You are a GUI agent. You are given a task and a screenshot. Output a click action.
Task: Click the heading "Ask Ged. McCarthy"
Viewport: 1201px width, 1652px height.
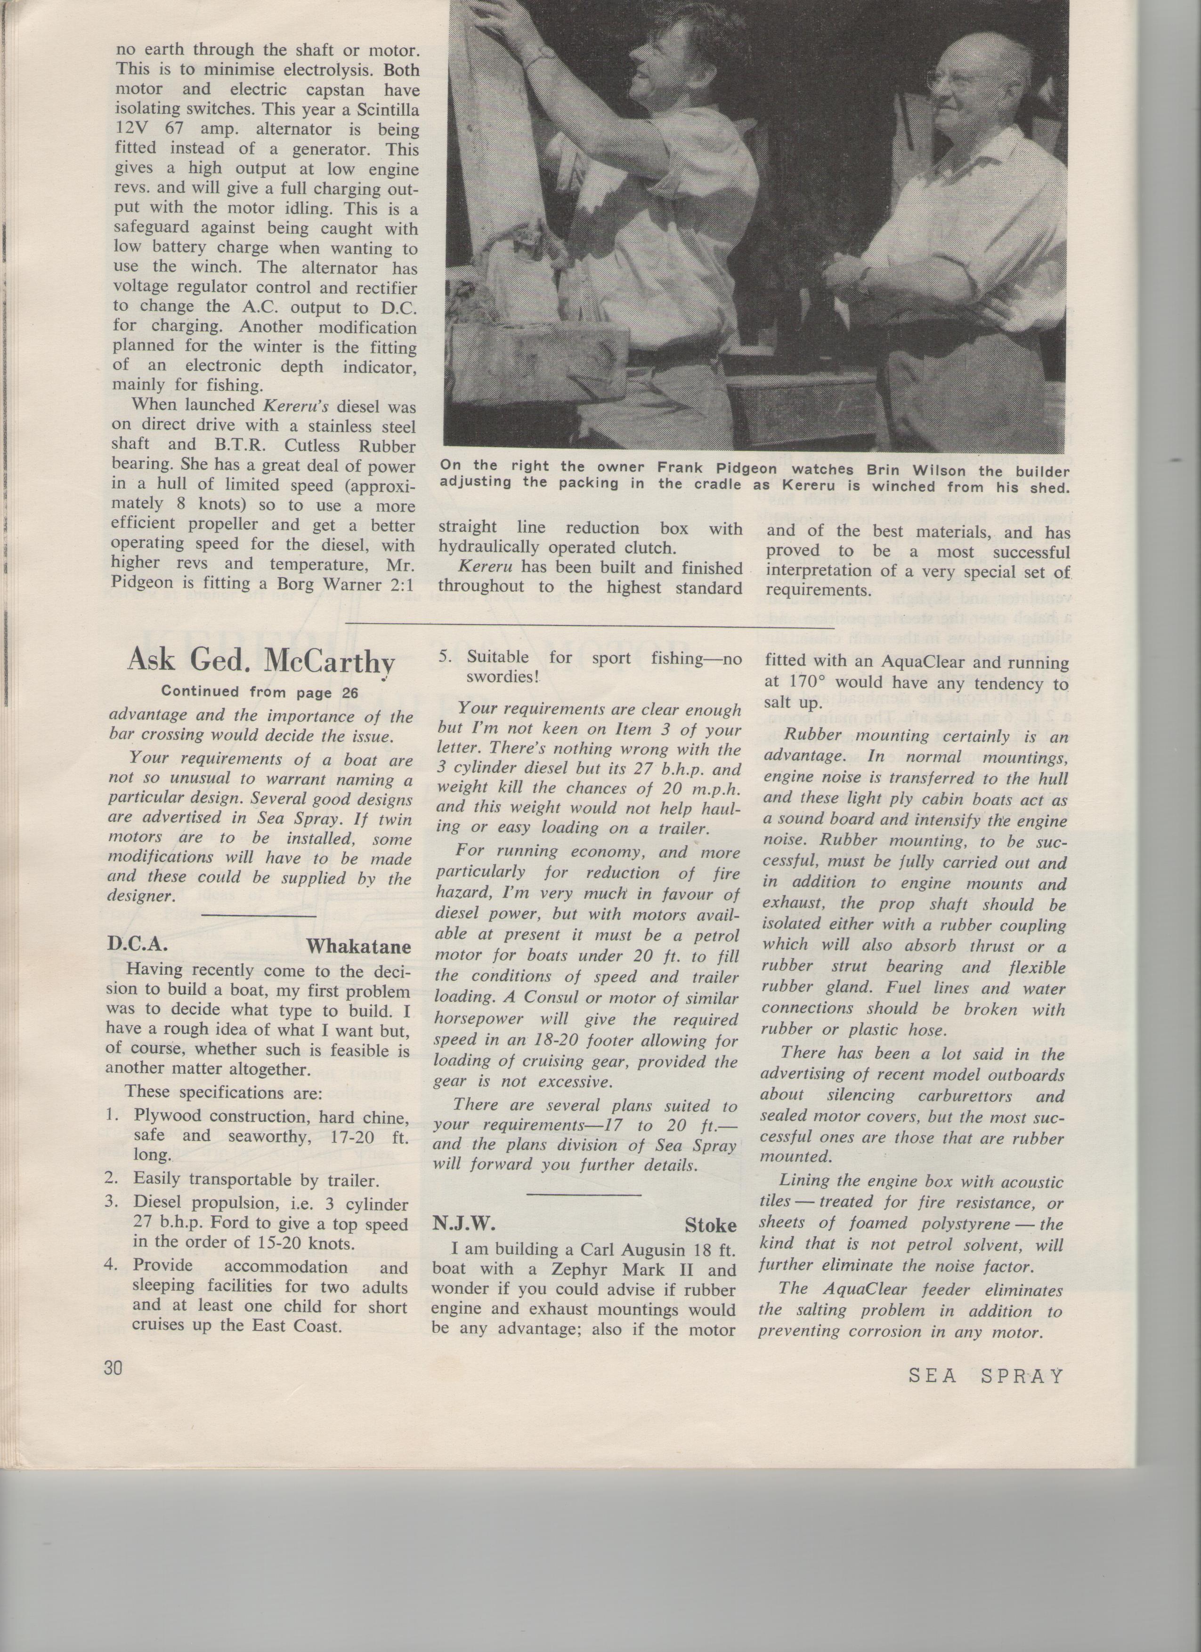pos(261,661)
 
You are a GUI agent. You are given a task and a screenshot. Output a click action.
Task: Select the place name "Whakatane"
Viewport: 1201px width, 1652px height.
pos(358,947)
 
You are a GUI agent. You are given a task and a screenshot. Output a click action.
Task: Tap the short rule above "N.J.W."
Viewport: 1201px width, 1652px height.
pos(583,1194)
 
